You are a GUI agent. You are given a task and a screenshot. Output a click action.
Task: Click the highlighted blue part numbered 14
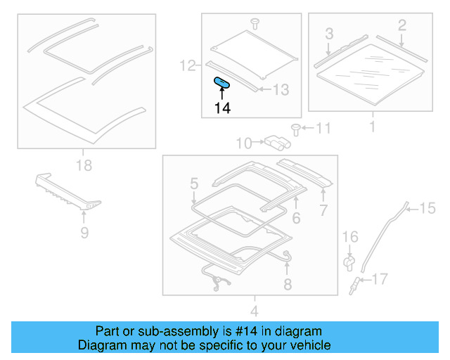point(222,83)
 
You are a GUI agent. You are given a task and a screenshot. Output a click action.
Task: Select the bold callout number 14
point(222,108)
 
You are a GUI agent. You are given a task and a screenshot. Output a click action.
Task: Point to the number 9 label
point(84,232)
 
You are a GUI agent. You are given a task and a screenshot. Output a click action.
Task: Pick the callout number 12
point(186,67)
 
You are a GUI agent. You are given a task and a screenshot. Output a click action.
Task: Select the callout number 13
point(281,90)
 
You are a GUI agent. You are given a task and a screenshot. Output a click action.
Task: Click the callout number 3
point(328,33)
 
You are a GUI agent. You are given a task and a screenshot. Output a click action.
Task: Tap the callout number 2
point(401,26)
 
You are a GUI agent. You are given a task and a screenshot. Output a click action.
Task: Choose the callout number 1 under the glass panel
point(372,127)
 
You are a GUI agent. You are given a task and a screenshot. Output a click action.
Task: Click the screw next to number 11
point(296,129)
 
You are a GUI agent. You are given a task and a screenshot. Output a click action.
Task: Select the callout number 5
point(194,185)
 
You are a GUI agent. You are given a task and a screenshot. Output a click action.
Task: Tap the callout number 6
point(296,219)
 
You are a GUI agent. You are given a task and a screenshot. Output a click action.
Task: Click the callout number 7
point(323,210)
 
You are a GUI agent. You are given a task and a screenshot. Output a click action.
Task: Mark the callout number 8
point(287,285)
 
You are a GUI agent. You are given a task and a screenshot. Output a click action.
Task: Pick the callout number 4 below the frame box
point(255,311)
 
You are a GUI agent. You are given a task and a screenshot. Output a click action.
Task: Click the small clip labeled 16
point(349,262)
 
